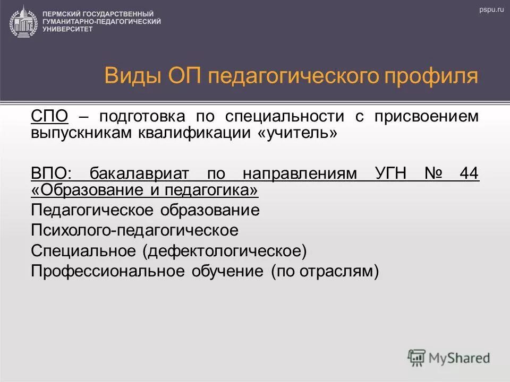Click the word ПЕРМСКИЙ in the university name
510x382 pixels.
pos(59,13)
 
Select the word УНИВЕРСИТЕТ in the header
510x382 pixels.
pos(67,29)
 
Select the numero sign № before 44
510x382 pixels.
pos(433,173)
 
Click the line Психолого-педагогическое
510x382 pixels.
pos(134,230)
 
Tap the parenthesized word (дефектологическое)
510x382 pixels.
pos(224,250)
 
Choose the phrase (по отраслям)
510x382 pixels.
pos(325,271)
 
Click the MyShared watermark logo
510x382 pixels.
pos(449,358)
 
